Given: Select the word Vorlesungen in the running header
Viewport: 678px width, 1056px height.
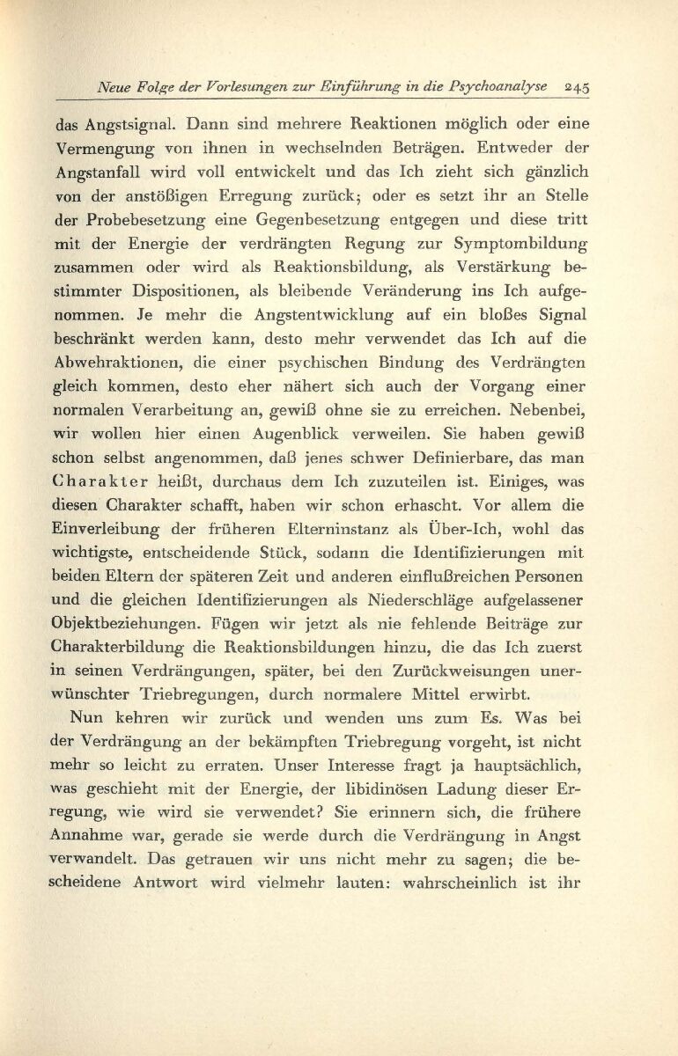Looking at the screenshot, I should [250, 86].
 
